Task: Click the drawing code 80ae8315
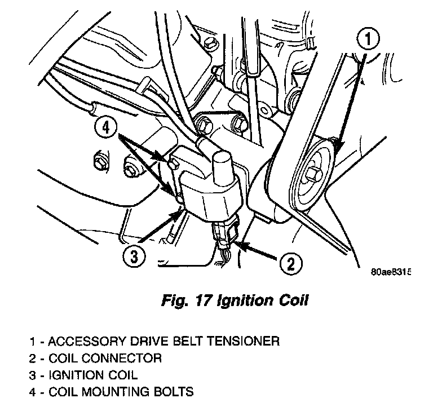pos(391,272)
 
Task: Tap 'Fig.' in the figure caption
pos(173,301)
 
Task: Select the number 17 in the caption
pos(203,301)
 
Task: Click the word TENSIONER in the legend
pos(245,341)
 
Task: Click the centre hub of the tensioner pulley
pos(311,170)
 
